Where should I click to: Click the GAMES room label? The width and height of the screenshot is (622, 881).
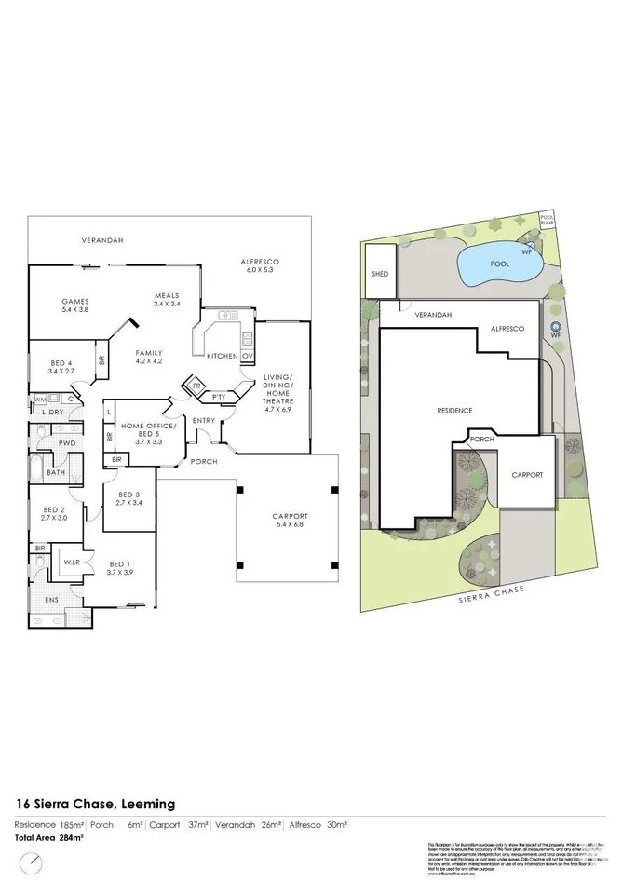pos(74,302)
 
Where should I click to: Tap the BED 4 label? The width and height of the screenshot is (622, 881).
pos(61,362)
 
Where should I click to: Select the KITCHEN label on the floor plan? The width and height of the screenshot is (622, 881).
pos(221,357)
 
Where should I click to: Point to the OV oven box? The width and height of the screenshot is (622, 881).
pos(248,357)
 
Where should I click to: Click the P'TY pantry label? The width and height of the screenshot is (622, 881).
pos(219,397)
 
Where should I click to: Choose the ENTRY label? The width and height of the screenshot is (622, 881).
pos(204,421)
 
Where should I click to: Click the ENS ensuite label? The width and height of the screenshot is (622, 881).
pos(50,600)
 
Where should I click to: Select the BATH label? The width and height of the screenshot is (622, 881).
pos(56,472)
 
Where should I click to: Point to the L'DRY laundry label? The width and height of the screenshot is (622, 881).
pos(53,412)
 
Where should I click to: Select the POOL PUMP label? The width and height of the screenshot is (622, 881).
pos(547,222)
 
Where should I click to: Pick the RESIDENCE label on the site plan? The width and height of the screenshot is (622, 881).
pos(456,411)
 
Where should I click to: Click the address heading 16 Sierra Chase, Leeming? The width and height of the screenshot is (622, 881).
pos(95,804)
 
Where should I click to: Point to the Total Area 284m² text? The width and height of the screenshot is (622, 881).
pos(48,838)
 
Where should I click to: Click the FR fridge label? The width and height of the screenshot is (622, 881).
pos(197,385)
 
